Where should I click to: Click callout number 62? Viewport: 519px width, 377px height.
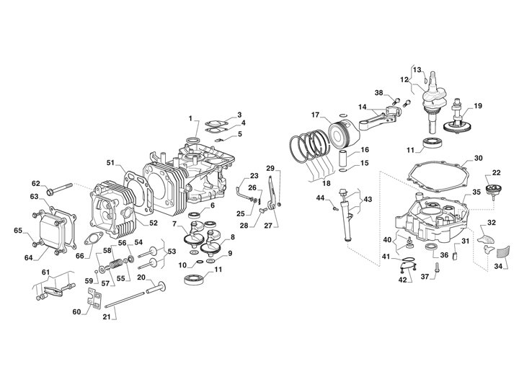coord(36,184)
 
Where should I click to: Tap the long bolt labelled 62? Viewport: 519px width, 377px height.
coord(60,189)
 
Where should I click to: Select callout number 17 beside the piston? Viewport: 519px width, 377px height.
coord(315,115)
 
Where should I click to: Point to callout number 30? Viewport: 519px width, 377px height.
coord(479,158)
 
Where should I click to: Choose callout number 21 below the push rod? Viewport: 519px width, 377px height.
coord(106,316)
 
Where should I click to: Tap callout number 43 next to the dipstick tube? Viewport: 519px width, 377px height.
coord(368,199)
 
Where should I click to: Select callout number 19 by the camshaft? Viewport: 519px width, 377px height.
coord(478,106)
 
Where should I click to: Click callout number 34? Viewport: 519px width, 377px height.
coord(498,266)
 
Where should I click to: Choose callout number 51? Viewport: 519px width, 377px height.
coord(110,162)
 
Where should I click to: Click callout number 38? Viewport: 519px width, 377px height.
coord(378,93)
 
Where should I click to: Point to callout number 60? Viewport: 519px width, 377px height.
coord(76,312)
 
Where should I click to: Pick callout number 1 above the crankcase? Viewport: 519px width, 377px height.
coord(190,118)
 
